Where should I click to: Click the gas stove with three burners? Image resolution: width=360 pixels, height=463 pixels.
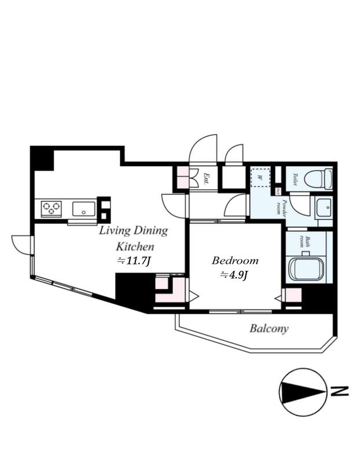[51, 207]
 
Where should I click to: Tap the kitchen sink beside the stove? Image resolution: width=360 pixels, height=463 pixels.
[84, 208]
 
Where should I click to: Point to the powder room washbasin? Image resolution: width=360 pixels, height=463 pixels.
[323, 207]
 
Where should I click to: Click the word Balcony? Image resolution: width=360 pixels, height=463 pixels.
[269, 329]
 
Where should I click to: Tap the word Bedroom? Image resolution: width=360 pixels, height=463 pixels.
[234, 260]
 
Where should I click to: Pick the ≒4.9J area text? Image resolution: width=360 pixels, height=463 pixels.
[233, 275]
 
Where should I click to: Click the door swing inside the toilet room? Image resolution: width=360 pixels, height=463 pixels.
[300, 204]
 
